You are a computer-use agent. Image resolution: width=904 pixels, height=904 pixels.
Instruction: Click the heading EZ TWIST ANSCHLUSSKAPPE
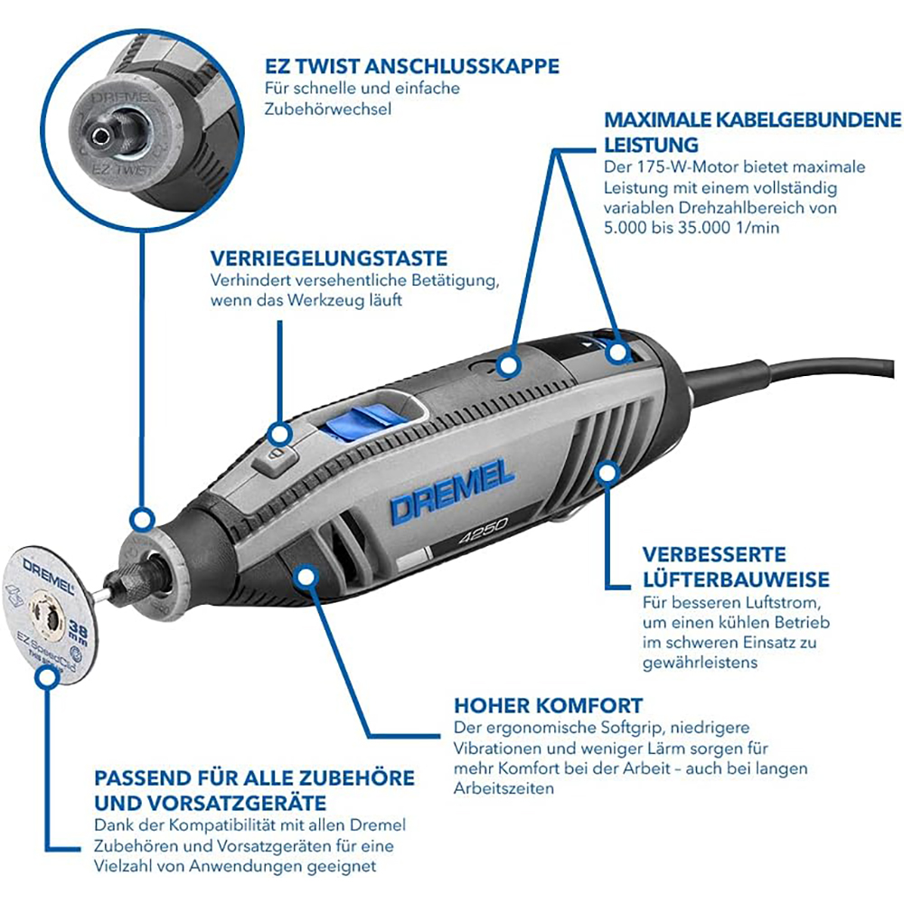411,66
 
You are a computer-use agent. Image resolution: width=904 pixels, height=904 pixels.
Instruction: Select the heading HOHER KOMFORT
548,705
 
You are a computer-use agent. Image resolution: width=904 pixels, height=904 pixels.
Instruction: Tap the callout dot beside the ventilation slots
607,470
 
